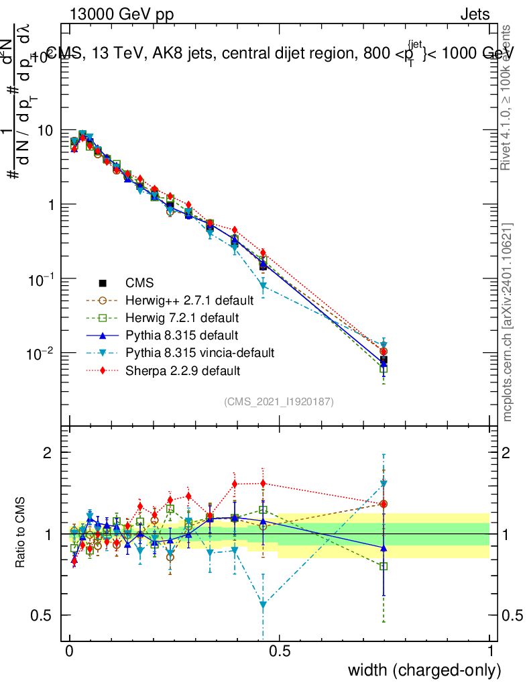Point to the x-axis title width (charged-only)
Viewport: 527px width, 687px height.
pos(424,670)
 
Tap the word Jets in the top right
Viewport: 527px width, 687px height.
pos(474,14)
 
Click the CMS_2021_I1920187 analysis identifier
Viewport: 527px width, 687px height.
pos(279,402)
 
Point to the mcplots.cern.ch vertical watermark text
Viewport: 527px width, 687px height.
pos(508,322)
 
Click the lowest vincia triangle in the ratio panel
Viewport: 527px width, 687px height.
pos(263,605)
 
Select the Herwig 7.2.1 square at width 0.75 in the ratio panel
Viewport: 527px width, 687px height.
pos(384,566)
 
